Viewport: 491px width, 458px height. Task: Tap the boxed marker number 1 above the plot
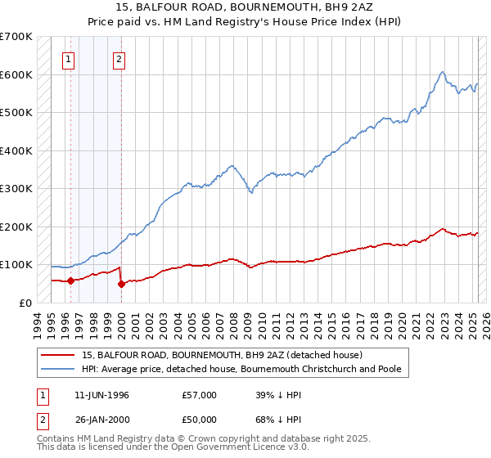pos(68,58)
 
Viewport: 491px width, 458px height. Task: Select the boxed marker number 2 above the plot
pos(119,58)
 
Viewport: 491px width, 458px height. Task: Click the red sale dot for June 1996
pos(70,281)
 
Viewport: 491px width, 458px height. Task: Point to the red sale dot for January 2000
pos(121,284)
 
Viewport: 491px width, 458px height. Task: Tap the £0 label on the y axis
pos(25,303)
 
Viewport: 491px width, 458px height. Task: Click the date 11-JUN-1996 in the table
pos(101,394)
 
